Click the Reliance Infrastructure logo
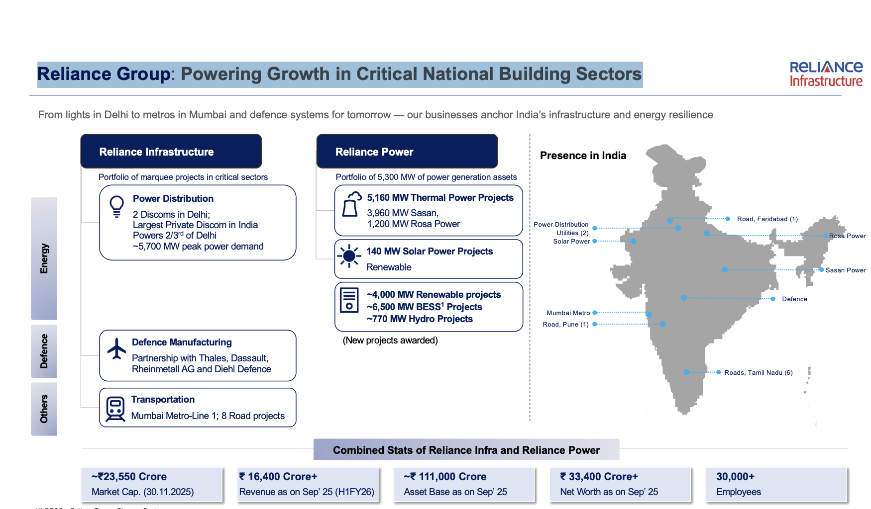point(826,74)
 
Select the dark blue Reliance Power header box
point(407,151)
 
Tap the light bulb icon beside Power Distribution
point(116,206)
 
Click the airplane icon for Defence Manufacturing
point(117,348)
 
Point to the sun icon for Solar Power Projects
point(349,256)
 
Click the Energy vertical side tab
point(44,258)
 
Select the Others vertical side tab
point(44,409)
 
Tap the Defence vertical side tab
point(44,351)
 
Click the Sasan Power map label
point(846,270)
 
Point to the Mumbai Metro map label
point(568,313)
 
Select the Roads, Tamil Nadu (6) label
point(759,373)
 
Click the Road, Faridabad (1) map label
point(767,219)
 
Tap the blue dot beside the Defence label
point(773,299)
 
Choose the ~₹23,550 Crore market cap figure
point(129,477)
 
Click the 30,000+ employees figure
point(736,477)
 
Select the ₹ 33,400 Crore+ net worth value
point(599,477)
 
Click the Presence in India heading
point(583,156)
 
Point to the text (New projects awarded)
point(390,340)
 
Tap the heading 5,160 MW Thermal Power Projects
point(440,198)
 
